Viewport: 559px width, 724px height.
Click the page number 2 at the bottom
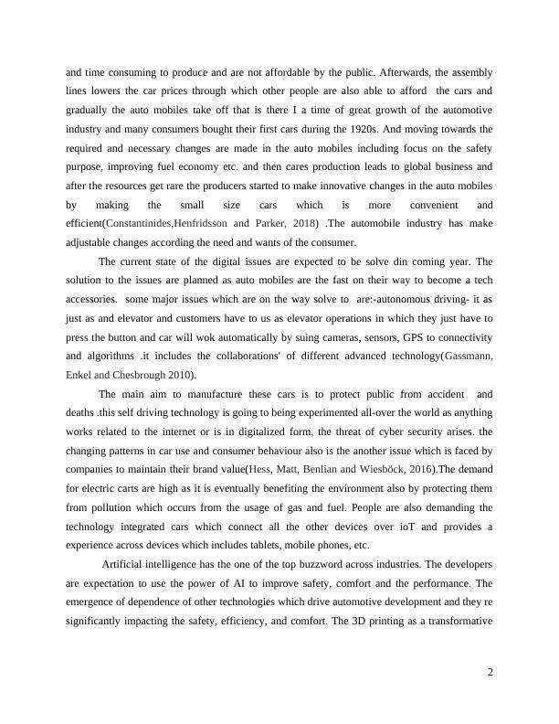tap(490, 673)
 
